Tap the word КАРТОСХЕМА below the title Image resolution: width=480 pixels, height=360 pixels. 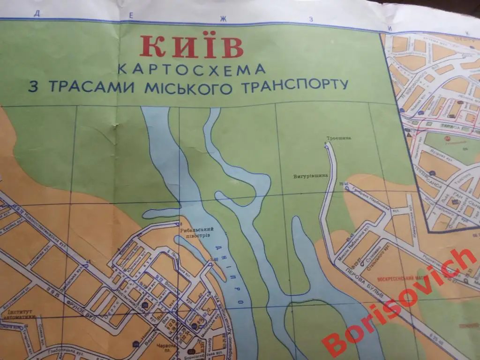191,69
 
